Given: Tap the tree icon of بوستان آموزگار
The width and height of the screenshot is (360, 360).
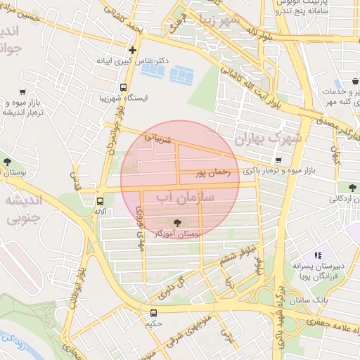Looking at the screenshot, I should [x=176, y=223].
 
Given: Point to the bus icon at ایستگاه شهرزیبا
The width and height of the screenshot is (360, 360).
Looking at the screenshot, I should [x=124, y=89].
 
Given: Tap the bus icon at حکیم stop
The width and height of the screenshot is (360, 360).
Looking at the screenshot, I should [x=153, y=313].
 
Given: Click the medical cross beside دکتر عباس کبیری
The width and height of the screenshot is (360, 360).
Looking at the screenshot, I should [x=132, y=50].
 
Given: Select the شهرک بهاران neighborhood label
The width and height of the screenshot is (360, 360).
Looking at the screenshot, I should [x=268, y=138].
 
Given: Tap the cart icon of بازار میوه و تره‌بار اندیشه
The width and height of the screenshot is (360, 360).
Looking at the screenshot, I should [x=22, y=92].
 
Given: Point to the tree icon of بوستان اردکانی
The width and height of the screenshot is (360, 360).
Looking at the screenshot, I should [x=351, y=186].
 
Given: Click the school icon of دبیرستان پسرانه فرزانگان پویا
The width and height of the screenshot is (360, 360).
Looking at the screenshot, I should [x=317, y=255].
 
